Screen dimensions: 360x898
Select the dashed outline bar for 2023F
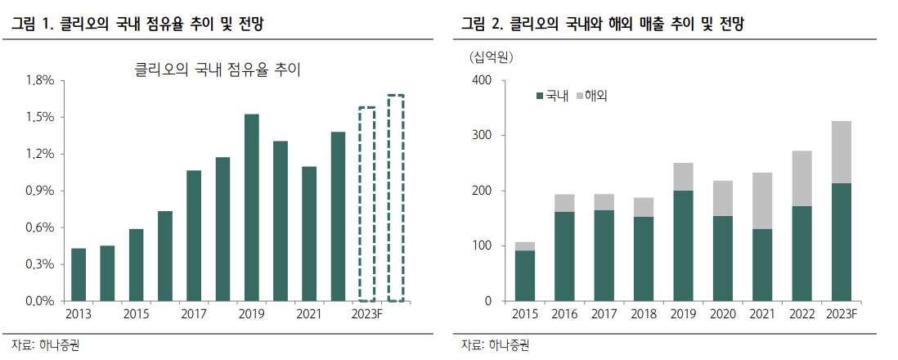click(367, 204)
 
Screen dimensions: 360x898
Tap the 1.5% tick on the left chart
click(40, 117)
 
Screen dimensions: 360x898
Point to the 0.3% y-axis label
click(40, 264)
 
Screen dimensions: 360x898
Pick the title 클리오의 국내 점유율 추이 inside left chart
click(218, 70)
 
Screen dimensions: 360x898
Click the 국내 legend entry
click(555, 96)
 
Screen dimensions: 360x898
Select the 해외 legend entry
click(595, 96)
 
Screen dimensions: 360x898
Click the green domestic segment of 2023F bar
click(842, 242)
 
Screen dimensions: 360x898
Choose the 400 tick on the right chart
click(481, 80)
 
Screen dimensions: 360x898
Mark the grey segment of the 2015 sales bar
click(525, 246)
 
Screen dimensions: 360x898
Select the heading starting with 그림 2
click(602, 25)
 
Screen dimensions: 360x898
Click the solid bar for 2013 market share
click(79, 275)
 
